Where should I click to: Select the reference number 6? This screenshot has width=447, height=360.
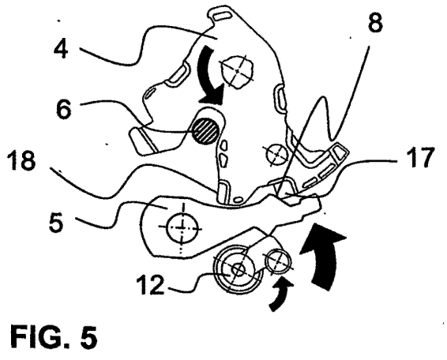tap(63, 109)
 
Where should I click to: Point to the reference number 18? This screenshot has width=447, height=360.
tap(23, 160)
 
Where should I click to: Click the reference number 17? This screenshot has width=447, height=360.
tap(419, 156)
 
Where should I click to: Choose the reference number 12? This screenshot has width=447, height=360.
tap(151, 284)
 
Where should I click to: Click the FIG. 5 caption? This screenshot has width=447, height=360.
tap(54, 336)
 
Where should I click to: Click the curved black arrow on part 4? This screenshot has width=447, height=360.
tap(208, 76)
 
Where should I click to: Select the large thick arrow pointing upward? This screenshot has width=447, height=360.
tap(324, 255)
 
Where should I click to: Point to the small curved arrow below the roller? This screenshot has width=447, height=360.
tap(280, 295)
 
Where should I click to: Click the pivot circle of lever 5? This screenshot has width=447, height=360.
tap(182, 227)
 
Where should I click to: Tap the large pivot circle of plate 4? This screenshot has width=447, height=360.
tap(237, 71)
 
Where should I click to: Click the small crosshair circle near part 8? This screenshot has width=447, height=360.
tap(276, 154)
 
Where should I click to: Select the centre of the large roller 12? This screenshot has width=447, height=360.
tap(238, 269)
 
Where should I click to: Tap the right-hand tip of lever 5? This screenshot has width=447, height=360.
tap(321, 203)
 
